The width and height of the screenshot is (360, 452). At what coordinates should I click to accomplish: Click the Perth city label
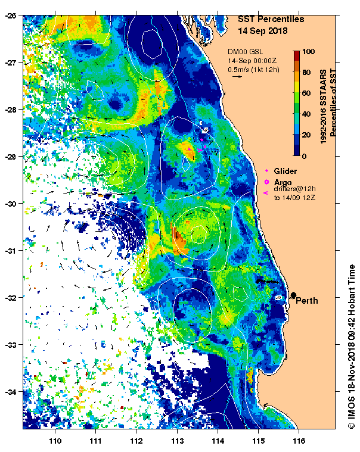tap(307, 301)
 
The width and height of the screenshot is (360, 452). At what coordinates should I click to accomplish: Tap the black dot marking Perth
tap(293, 295)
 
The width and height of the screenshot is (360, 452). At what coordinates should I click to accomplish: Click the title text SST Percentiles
tap(271, 19)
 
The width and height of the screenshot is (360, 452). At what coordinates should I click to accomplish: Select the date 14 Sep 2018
tap(262, 30)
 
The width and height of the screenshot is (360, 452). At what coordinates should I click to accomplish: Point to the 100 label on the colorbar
tap(308, 52)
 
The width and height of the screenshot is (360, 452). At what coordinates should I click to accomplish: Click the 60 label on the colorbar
tap(306, 93)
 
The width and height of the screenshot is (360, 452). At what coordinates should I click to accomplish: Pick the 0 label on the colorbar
tap(304, 156)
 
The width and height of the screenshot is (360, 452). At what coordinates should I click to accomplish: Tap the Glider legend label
tap(285, 171)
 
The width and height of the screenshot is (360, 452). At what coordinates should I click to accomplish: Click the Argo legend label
tap(283, 182)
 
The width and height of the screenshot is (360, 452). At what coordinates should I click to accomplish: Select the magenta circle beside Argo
tap(266, 182)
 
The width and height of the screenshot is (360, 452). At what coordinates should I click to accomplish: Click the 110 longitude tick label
tap(55, 441)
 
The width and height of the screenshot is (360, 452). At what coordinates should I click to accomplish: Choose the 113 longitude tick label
tap(177, 441)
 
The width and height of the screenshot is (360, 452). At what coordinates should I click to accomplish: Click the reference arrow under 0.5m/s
tap(237, 76)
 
